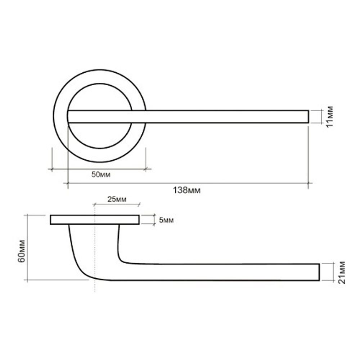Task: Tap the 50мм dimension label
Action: [x=101, y=175]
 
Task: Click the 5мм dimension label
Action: [x=166, y=220]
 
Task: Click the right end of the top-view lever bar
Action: [x=308, y=117]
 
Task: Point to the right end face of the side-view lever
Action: [x=319, y=272]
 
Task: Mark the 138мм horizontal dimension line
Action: [x=187, y=183]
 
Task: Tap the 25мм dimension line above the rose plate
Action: [x=117, y=204]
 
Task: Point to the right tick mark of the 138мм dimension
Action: [x=308, y=183]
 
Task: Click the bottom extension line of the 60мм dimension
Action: [x=58, y=280]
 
